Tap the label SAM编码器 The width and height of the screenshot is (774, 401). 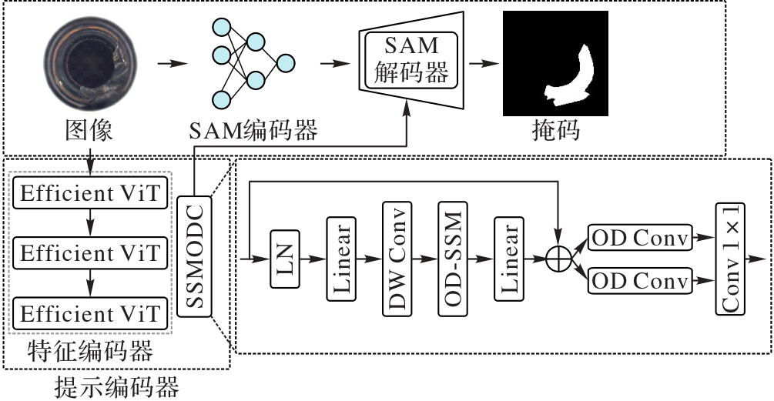click(253, 132)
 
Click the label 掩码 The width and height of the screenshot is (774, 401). click(555, 132)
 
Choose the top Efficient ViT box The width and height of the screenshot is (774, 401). click(91, 194)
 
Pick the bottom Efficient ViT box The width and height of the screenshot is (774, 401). click(91, 313)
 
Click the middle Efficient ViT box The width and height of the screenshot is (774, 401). click(91, 253)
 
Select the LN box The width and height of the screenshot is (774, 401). click(284, 259)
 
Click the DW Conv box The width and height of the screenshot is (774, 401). click(397, 259)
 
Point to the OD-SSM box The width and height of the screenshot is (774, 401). click(452, 259)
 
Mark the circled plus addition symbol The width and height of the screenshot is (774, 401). click(560, 259)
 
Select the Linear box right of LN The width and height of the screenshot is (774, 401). click(340, 259)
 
